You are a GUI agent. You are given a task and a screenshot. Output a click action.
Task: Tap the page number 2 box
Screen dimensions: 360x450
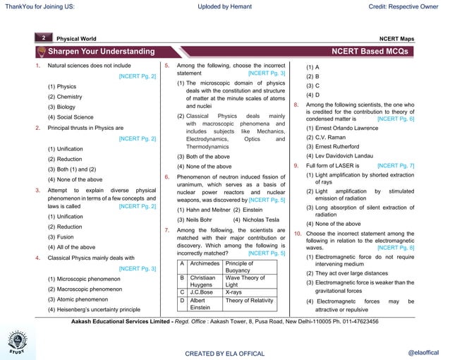pos(43,37)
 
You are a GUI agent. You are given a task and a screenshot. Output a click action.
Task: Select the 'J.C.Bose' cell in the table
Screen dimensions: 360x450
pos(202,291)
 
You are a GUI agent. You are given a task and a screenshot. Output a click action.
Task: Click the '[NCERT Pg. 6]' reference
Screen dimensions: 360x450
pos(396,119)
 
